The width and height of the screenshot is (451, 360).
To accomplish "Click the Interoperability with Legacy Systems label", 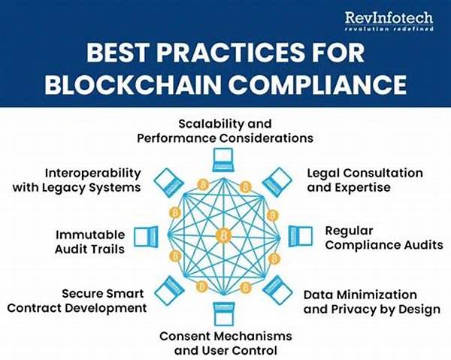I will [77, 180].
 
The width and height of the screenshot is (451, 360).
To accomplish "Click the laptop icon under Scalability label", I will [223, 159].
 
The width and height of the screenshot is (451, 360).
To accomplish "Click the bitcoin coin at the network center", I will [223, 236].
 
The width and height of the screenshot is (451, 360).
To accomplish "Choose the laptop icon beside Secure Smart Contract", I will [171, 289].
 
